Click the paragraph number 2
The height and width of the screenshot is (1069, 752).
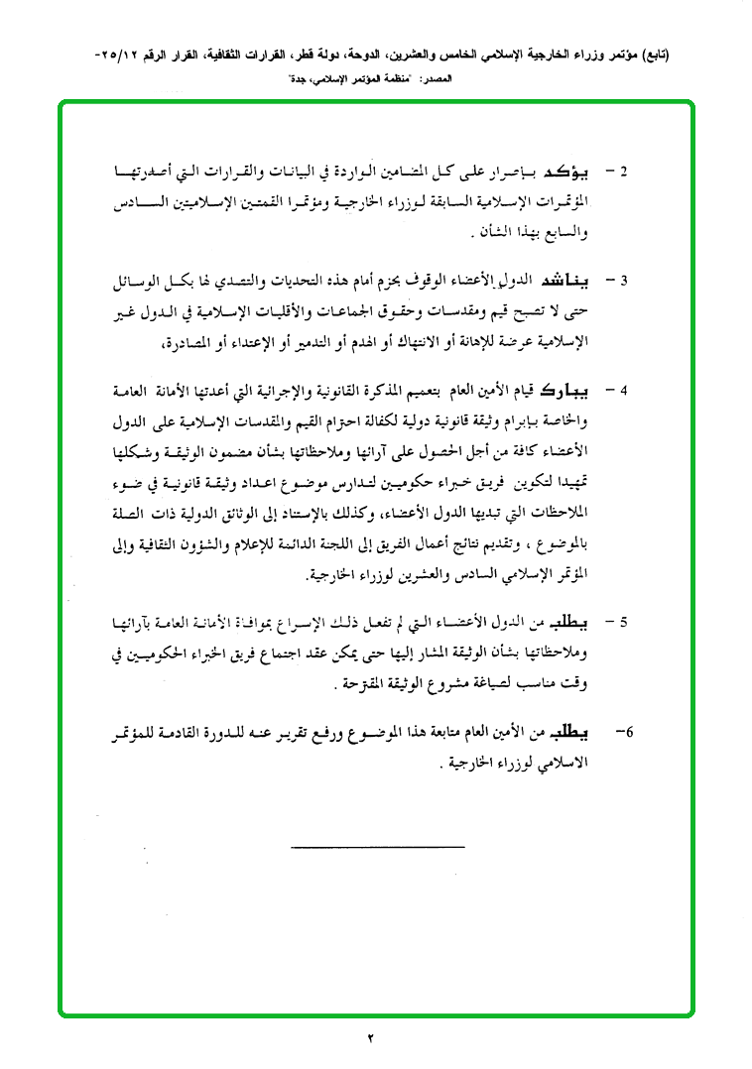[623, 173]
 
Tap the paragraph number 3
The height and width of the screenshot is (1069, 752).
[623, 282]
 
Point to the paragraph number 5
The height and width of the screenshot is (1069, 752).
[623, 625]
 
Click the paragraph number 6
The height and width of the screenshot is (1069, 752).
[624, 734]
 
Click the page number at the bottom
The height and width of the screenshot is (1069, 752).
[373, 1038]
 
